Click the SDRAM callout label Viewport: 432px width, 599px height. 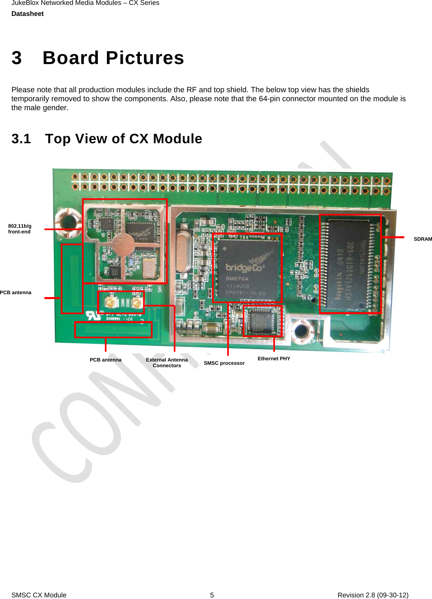coord(423,239)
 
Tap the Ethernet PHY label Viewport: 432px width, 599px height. coord(274,359)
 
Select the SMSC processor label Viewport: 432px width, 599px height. coord(224,363)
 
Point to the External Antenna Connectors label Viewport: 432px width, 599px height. coord(167,363)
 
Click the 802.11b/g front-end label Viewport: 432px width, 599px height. coord(20,229)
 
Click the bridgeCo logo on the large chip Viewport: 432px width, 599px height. coord(244,268)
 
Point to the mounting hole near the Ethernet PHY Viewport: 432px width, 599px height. coord(301,331)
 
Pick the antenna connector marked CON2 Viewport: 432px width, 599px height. coord(137,302)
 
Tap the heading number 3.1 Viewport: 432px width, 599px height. coord(21,139)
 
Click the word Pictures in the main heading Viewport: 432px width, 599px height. coord(145,58)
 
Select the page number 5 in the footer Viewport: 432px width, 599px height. coord(212,595)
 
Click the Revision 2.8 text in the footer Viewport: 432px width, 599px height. coord(373,595)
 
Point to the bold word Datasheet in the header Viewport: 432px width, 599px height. coord(27,14)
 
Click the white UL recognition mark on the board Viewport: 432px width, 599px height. coord(93,315)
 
